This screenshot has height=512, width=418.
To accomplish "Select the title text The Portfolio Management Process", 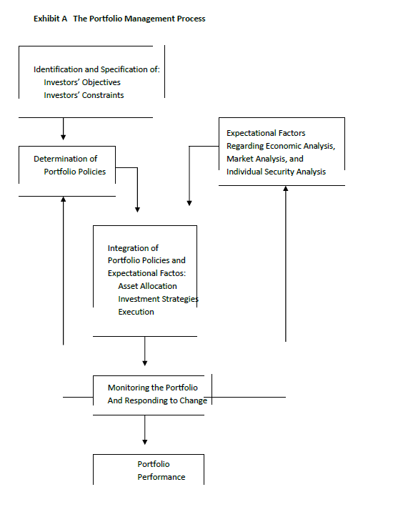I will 139,19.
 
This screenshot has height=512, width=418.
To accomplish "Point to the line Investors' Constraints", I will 84,95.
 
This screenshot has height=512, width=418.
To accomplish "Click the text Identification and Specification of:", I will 96,69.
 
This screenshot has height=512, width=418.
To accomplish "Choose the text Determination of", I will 65,159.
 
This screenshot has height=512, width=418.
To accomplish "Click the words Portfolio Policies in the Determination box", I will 74,172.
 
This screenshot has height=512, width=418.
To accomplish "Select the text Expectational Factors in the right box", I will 266,133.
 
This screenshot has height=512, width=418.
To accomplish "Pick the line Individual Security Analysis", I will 276,172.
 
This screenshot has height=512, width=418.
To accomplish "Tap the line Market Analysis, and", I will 264,159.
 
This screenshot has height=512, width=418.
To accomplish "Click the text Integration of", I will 133,248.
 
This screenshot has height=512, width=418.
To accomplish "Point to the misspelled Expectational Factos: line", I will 146,273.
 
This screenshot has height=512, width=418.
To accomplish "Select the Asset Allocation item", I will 147,286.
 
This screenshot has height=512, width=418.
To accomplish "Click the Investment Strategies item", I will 158,299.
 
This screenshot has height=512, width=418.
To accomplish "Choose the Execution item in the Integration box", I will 136,312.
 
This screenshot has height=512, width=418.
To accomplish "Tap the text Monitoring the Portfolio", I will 153,388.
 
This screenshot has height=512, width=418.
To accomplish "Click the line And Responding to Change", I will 157,400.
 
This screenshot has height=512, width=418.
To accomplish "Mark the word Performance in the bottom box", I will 161,477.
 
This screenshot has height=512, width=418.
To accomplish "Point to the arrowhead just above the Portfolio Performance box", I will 145,441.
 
